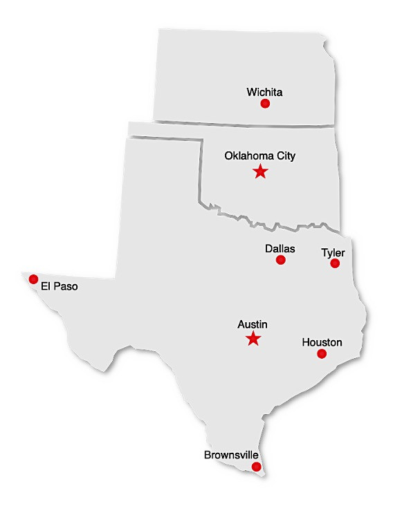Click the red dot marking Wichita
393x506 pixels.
(x=265, y=104)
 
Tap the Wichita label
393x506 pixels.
(x=264, y=91)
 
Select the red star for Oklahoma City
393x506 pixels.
(x=260, y=171)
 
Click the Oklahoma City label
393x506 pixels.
(x=259, y=156)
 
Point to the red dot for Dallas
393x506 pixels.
(x=281, y=260)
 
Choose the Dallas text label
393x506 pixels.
(x=280, y=248)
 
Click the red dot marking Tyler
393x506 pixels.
(x=335, y=263)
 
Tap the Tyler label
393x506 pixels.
(x=333, y=252)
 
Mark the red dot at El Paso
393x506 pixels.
(x=33, y=279)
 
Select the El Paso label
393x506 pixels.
(x=60, y=285)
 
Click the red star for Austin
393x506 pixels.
(x=253, y=339)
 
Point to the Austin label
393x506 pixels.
(x=253, y=324)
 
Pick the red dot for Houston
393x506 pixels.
(x=322, y=354)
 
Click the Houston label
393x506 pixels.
(x=322, y=342)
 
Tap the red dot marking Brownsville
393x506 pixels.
(x=257, y=467)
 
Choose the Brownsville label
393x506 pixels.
(x=231, y=456)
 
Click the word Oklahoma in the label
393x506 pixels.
(x=248, y=156)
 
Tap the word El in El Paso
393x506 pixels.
(x=46, y=285)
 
